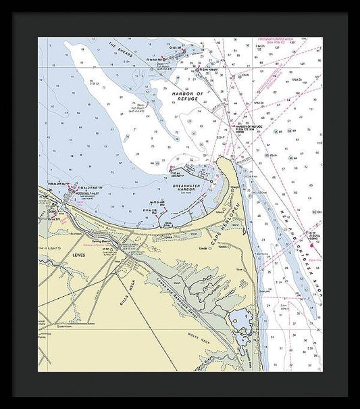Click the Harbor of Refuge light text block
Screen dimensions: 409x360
coord(249,129)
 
